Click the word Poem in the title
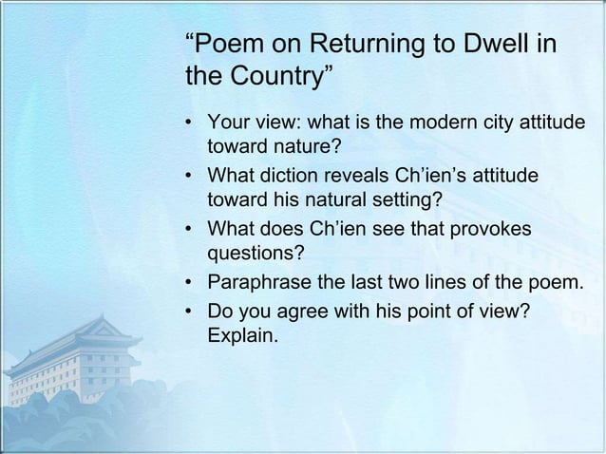coord(224,43)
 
